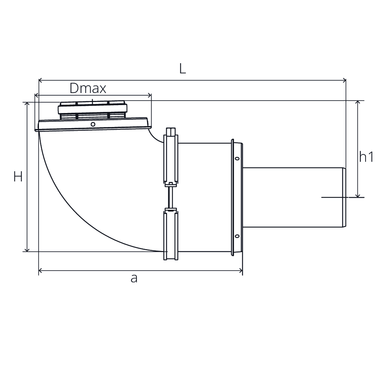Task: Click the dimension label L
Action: click(x=183, y=69)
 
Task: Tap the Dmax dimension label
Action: click(x=88, y=88)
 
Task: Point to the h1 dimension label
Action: click(x=366, y=157)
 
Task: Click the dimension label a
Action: click(x=134, y=279)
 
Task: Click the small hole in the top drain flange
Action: click(x=93, y=124)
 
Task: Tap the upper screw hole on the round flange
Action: click(x=237, y=158)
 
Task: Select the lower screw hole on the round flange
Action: click(x=237, y=236)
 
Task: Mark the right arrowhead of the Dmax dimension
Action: click(x=149, y=96)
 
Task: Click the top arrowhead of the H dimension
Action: click(x=27, y=104)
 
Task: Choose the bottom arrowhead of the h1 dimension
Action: click(x=358, y=195)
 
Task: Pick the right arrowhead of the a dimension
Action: click(x=240, y=271)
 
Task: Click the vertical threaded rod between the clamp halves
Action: click(x=171, y=197)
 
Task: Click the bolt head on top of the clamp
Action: click(x=171, y=132)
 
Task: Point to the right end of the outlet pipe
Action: click(x=344, y=197)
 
